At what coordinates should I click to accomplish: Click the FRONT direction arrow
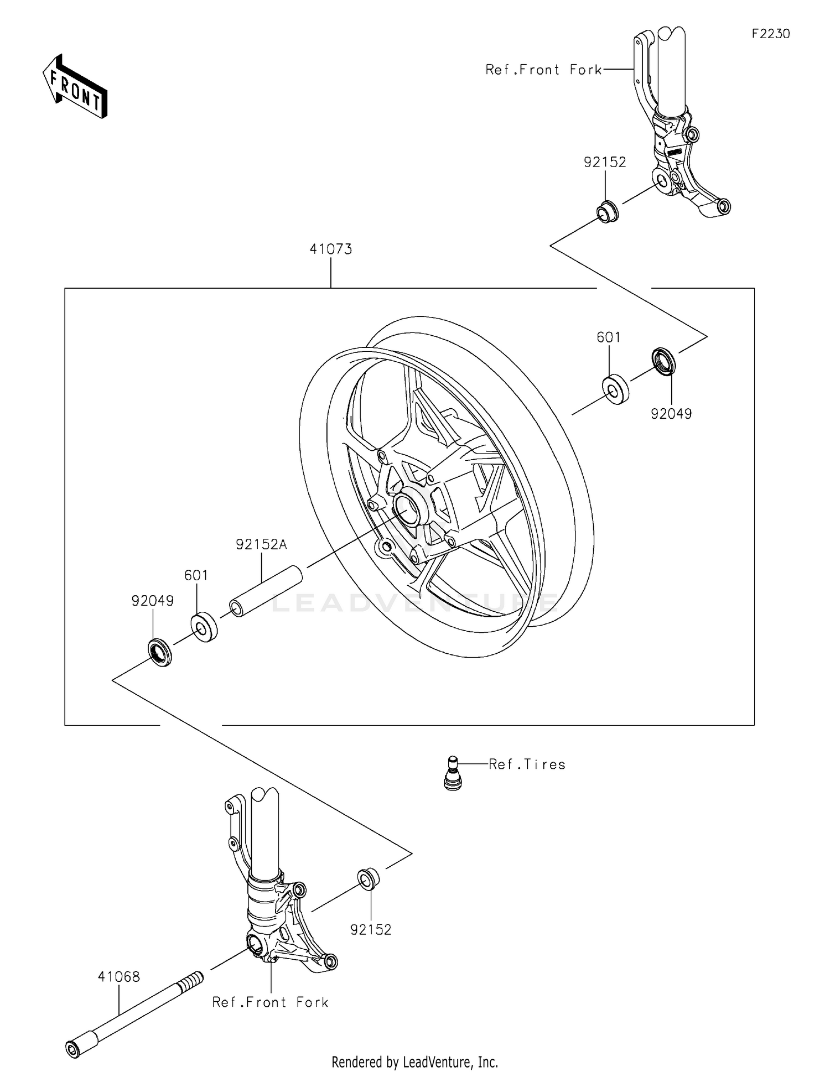(75, 87)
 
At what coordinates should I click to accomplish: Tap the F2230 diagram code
(770, 34)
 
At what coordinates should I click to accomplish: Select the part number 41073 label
(330, 249)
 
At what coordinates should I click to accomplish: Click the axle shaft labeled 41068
(133, 1016)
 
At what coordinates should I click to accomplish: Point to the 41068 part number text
(118, 976)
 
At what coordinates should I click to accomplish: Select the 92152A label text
(261, 544)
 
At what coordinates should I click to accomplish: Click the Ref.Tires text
(527, 764)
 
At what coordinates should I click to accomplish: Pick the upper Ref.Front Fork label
(543, 70)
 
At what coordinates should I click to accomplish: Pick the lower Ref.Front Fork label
(270, 1002)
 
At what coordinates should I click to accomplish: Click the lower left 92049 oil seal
(159, 652)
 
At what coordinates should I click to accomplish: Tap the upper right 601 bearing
(615, 389)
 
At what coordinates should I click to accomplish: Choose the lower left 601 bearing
(204, 627)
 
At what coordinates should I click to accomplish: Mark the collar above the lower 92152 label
(369, 879)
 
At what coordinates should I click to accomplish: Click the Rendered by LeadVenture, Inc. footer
(414, 1061)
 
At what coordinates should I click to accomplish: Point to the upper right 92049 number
(671, 414)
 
